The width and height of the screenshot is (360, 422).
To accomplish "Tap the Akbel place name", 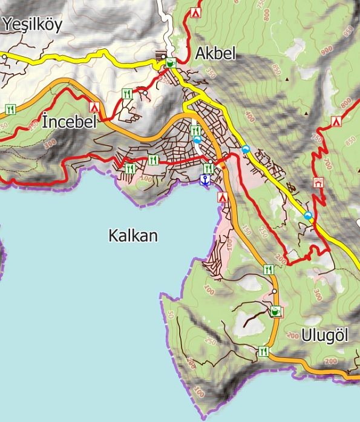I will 215,54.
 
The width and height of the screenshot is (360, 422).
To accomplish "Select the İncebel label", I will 70,122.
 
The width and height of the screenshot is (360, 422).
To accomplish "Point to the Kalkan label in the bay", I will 133,236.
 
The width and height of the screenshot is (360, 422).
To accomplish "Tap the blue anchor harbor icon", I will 205,180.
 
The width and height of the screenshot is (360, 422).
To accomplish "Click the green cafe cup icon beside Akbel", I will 171,62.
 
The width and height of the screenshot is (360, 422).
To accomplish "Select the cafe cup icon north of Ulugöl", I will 276,312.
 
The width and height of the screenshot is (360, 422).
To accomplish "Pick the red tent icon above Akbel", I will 195,12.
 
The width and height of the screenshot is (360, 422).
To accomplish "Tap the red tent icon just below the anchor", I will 222,197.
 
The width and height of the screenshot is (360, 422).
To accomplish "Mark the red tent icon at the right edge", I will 336,122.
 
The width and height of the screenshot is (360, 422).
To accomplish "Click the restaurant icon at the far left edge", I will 10,109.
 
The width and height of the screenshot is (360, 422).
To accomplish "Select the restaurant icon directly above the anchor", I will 209,168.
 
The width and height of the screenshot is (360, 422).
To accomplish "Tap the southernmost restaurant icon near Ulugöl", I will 263,351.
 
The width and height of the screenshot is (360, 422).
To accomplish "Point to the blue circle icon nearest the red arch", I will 309,216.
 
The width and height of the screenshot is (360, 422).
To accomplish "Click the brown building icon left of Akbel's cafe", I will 161,55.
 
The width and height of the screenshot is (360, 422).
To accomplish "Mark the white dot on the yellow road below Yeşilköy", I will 4,56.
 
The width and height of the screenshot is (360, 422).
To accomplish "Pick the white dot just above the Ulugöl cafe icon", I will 274,292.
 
